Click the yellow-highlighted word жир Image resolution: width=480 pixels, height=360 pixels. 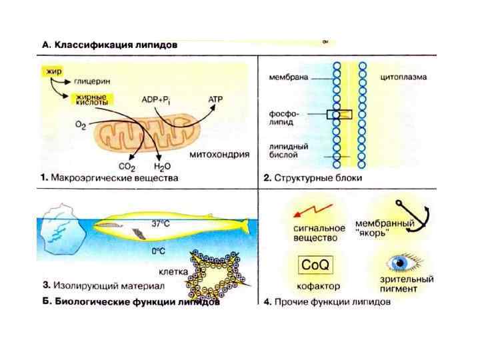point(51,70)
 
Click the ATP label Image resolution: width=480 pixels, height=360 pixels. point(217,98)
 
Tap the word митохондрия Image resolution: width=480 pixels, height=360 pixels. point(219,154)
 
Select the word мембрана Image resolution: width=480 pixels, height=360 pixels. point(288,77)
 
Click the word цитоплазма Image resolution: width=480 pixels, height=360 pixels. point(403,77)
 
